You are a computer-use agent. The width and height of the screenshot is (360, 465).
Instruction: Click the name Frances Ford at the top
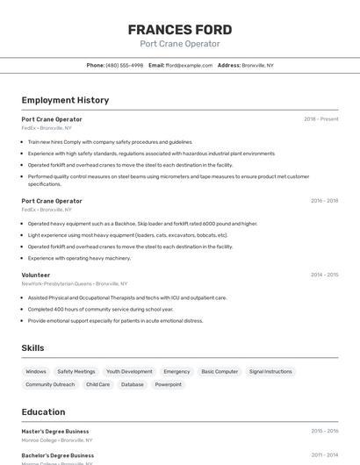coord(180,29)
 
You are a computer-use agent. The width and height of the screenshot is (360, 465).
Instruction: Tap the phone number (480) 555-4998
coord(124,65)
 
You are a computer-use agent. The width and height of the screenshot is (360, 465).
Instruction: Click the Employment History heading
coord(65,100)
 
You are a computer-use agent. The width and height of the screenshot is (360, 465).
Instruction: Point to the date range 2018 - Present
coord(320,118)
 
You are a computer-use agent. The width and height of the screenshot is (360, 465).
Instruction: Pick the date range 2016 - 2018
coord(324,200)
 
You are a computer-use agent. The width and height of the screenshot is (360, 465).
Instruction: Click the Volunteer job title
coord(36,275)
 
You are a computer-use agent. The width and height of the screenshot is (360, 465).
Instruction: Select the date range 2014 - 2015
coord(324,275)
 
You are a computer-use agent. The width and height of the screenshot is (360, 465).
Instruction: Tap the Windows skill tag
coord(36,371)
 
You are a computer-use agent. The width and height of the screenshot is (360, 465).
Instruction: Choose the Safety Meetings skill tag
coord(76,371)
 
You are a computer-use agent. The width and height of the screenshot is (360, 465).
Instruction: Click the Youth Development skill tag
coord(129,371)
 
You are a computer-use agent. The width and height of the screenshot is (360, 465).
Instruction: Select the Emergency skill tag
coord(176,371)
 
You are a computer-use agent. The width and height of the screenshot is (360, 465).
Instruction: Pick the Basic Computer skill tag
coord(220,371)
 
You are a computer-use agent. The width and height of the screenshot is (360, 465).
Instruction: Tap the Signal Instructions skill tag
coord(270,371)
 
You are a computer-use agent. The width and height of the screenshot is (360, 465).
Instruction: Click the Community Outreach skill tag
coord(50,384)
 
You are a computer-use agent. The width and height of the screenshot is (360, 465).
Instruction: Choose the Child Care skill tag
coord(98,384)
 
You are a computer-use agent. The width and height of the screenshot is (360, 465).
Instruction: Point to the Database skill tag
coord(133,384)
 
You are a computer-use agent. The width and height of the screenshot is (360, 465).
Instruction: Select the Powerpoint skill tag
coord(169,384)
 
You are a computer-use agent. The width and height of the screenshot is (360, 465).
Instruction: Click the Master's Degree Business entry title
coord(55,431)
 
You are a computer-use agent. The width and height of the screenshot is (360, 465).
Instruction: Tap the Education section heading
coord(43,411)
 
